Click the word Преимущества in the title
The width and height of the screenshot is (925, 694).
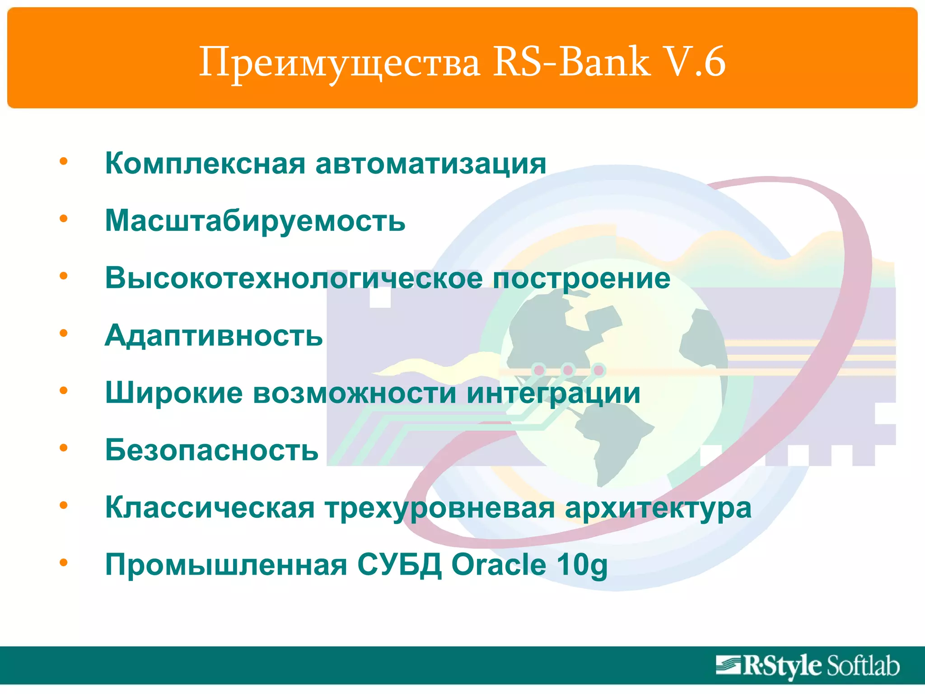(x=339, y=62)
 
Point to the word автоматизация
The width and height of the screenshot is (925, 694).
(x=431, y=163)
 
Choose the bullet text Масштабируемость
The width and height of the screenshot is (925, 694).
(x=255, y=221)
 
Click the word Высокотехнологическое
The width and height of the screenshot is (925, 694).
(x=294, y=278)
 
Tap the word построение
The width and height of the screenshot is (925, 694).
(x=581, y=278)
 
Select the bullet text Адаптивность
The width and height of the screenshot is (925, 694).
(x=214, y=336)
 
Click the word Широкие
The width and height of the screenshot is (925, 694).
(x=174, y=393)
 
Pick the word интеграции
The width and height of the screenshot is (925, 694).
(x=553, y=393)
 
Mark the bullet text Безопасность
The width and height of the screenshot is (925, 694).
(x=212, y=450)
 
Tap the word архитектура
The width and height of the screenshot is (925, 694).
(x=658, y=508)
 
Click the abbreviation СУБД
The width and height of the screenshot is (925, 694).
(x=399, y=565)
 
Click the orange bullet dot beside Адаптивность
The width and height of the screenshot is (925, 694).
(x=64, y=333)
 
